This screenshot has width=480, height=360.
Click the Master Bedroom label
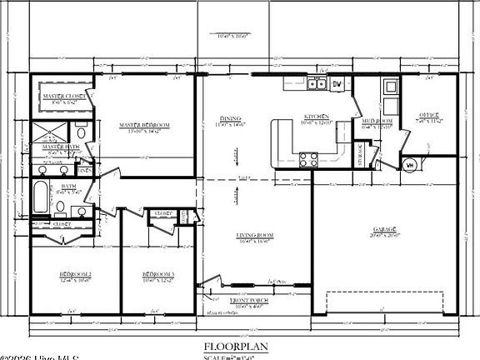click(x=144, y=125)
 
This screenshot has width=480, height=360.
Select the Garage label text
click(x=384, y=228)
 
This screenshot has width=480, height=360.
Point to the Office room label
click(x=429, y=115)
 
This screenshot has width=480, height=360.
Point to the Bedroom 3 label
click(x=157, y=274)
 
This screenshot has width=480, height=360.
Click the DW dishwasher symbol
click(x=337, y=84)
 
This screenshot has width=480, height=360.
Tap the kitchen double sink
click(x=316, y=83)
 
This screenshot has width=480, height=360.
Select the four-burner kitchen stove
click(x=308, y=158)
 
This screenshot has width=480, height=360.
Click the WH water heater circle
click(x=409, y=164)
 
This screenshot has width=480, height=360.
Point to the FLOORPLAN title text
click(x=239, y=345)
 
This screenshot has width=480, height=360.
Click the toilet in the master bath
click(x=82, y=132)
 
